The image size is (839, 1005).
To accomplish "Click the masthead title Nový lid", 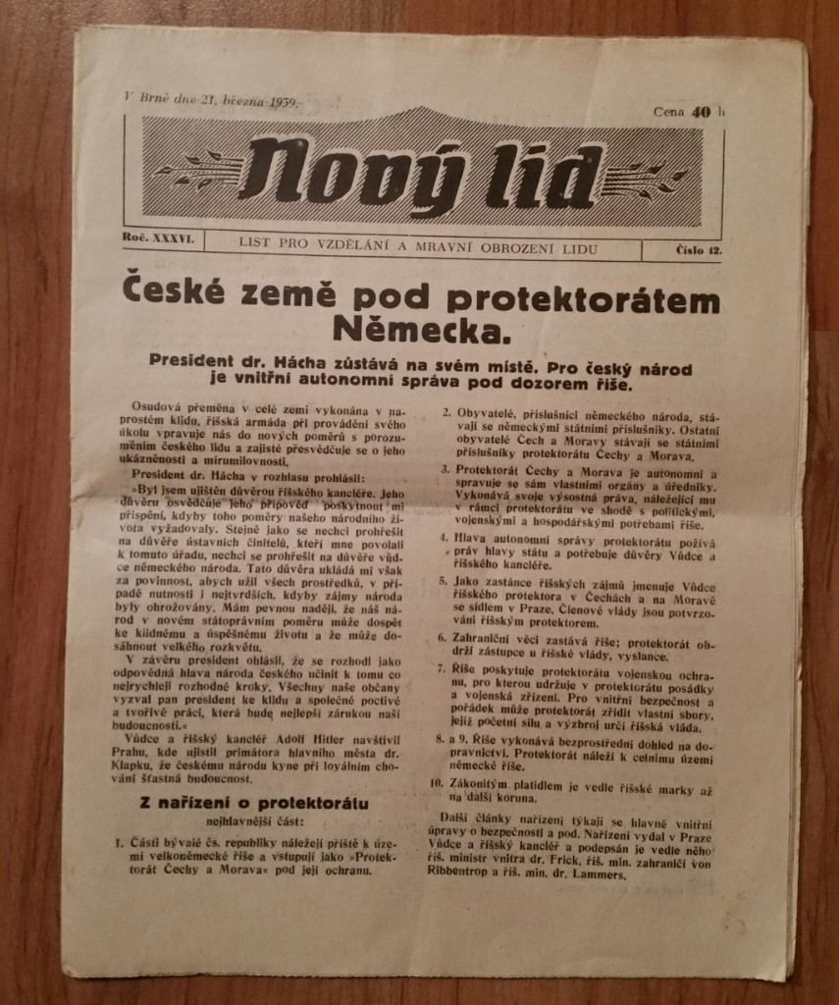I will pyautogui.click(x=417, y=168).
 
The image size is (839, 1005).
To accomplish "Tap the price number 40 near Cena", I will pyautogui.click(x=700, y=112).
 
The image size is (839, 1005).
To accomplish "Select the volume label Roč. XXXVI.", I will pyautogui.click(x=162, y=238).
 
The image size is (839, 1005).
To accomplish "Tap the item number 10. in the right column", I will pyautogui.click(x=438, y=783).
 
